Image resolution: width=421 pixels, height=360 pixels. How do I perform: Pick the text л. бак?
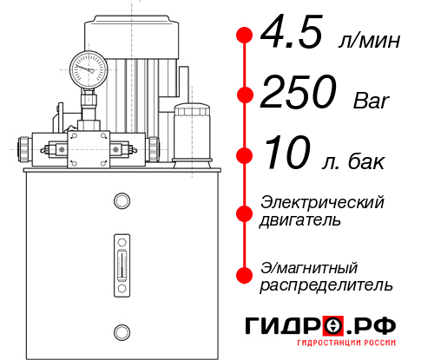[x=362, y=160]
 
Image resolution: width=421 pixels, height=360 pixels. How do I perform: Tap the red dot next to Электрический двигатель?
[x=245, y=212]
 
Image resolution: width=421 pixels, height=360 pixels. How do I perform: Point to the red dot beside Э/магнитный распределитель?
[x=245, y=275]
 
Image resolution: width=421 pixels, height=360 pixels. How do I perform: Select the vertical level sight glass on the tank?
[x=121, y=261]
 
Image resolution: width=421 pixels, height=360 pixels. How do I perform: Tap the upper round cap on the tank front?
[x=121, y=202]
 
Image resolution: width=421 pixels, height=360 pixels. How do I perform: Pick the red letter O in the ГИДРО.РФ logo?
[x=333, y=326]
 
